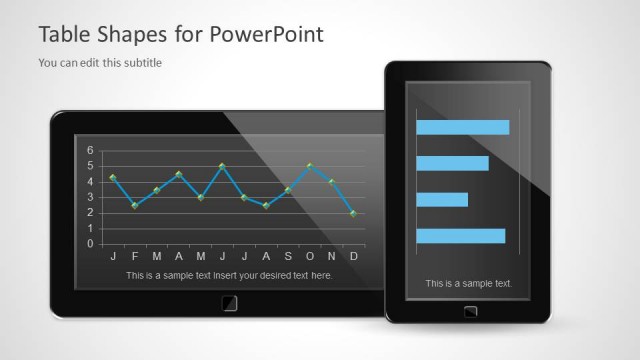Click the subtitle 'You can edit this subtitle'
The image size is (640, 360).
pyautogui.click(x=100, y=63)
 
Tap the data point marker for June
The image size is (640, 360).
pyautogui.click(x=222, y=166)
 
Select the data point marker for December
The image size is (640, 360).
pyautogui.click(x=354, y=213)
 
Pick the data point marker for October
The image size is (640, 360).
pyautogui.click(x=310, y=166)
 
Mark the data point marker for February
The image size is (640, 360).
pyautogui.click(x=135, y=206)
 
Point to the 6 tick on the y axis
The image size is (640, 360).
pyautogui.click(x=90, y=151)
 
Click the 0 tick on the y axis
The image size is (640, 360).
pyautogui.click(x=90, y=244)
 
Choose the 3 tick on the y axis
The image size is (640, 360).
pyautogui.click(x=90, y=197)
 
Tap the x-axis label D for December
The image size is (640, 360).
pyautogui.click(x=354, y=256)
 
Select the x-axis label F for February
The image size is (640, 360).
pyautogui.click(x=135, y=256)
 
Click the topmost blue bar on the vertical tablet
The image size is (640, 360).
pyautogui.click(x=463, y=127)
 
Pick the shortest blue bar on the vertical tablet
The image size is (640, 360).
pyautogui.click(x=442, y=199)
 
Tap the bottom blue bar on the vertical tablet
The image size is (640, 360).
pyautogui.click(x=461, y=236)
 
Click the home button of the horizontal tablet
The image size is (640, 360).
pyautogui.click(x=229, y=302)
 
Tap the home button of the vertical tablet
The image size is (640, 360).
pyautogui.click(x=470, y=311)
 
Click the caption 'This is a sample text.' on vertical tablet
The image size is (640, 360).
pyautogui.click(x=468, y=283)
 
